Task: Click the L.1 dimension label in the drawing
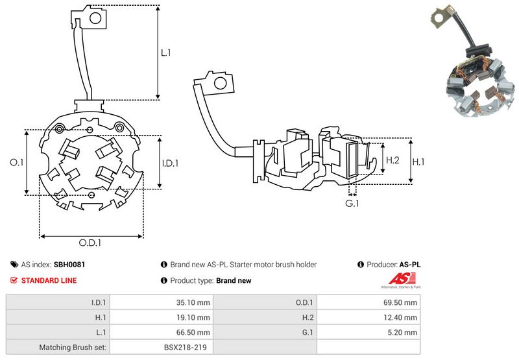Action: [x=166, y=53]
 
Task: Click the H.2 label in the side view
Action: [x=392, y=160]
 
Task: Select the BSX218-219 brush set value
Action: [x=185, y=348]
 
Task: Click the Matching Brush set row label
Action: [x=73, y=348]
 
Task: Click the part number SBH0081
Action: [x=69, y=265]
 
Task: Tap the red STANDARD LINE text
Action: [x=49, y=280]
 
